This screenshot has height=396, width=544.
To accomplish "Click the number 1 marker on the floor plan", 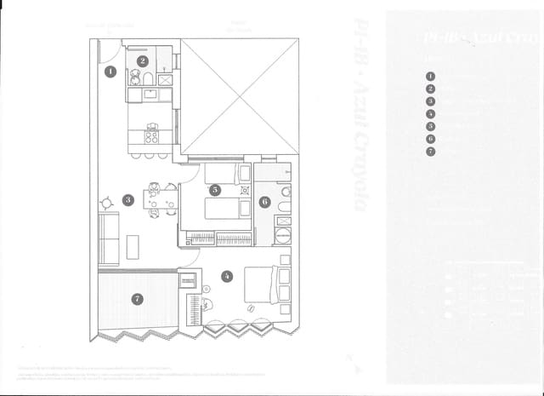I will (x=110, y=72).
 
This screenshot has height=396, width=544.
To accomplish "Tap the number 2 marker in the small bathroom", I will (x=143, y=61).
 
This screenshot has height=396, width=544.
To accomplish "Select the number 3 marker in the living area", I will (x=127, y=200).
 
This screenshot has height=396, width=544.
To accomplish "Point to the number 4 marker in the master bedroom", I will (x=226, y=275).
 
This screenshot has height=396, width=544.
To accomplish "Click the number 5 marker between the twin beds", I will (x=216, y=189).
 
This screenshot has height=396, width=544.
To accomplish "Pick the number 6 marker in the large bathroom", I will (x=264, y=202).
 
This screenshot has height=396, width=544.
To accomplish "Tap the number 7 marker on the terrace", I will (x=137, y=299).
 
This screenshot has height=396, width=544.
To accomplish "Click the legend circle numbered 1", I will (x=430, y=75).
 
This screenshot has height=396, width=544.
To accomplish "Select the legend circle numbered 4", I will (x=430, y=112).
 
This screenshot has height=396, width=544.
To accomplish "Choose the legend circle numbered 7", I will (x=430, y=151).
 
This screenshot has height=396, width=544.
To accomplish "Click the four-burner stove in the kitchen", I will (x=151, y=135).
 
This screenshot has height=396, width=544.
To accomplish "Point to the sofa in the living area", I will (x=108, y=239).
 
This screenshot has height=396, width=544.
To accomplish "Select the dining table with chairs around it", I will (x=154, y=198).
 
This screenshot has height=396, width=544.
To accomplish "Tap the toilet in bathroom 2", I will (x=147, y=79).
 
